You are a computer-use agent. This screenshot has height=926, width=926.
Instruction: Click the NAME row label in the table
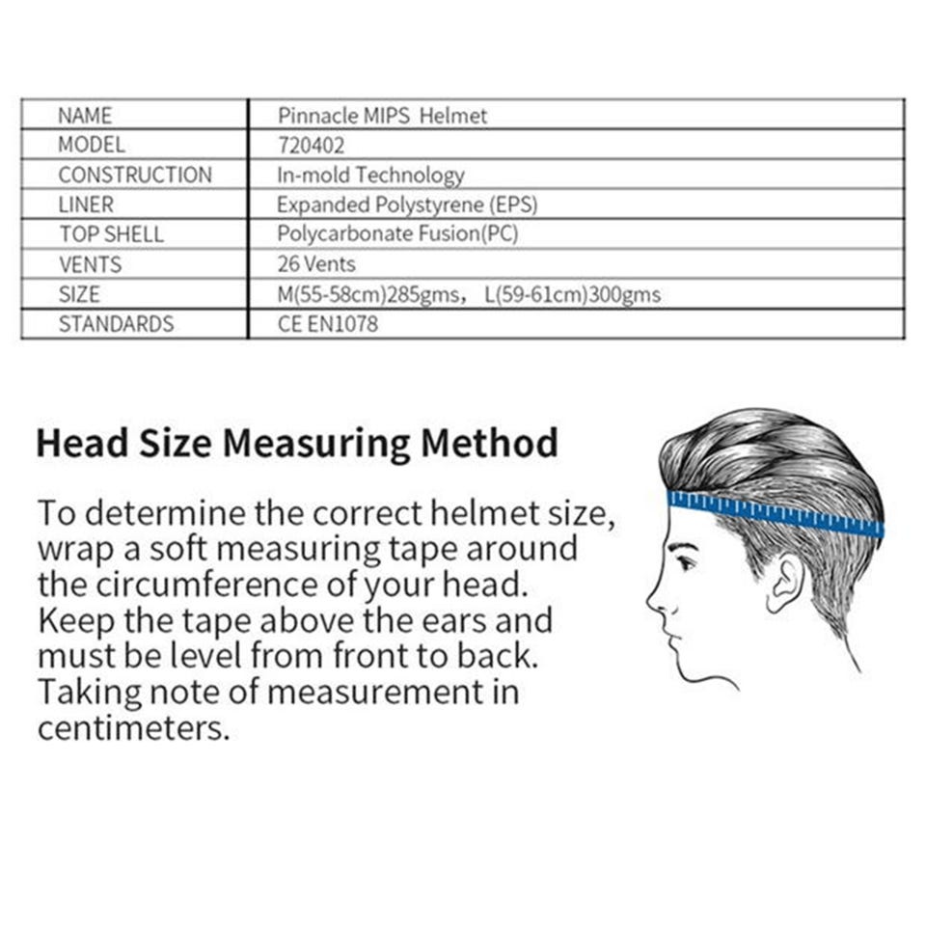point(85,116)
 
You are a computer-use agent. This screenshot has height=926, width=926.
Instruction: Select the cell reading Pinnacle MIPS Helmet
point(382,116)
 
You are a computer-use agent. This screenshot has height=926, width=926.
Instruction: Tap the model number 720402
point(311,146)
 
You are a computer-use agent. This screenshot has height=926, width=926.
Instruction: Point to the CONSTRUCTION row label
point(134,176)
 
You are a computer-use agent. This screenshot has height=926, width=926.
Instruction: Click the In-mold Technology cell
point(370,176)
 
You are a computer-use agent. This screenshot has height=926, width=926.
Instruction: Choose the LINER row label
point(85,204)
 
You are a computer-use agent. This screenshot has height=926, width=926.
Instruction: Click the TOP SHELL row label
point(111,234)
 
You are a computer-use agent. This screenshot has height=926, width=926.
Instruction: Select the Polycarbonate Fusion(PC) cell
point(397,234)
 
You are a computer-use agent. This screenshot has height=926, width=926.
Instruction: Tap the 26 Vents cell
point(316,264)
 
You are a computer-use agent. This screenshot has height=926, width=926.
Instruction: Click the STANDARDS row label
point(116,324)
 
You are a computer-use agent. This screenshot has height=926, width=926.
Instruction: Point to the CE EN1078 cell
point(327,324)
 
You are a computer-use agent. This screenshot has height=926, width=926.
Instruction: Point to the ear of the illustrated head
point(786,584)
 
